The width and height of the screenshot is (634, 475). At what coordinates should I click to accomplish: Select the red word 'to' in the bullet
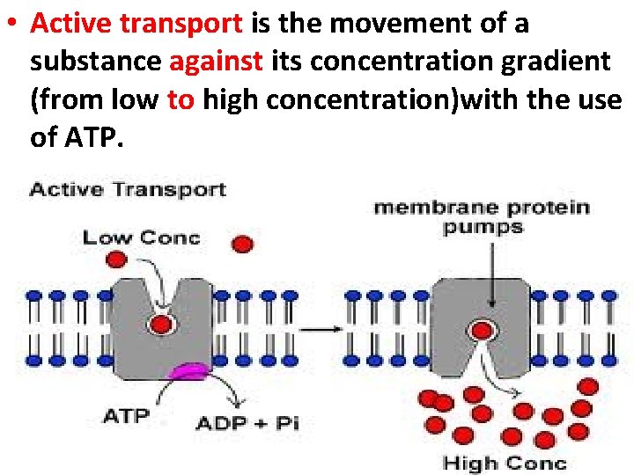(181, 99)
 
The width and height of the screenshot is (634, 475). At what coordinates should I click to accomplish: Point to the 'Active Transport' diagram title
(129, 189)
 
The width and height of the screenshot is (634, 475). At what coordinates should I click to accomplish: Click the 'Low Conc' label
(141, 237)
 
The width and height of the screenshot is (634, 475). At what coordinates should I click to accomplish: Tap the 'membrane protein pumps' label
(482, 216)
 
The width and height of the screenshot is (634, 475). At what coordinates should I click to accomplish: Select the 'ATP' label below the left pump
(126, 414)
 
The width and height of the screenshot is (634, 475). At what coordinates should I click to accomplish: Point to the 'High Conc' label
(505, 462)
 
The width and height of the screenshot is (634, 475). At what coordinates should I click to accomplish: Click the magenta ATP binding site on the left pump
(188, 373)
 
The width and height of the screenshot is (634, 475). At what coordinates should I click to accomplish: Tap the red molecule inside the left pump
(160, 325)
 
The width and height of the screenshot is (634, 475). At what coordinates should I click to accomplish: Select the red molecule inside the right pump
(482, 332)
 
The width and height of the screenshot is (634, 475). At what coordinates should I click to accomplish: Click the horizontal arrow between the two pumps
(321, 329)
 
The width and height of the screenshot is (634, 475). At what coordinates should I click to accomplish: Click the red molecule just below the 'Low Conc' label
(115, 259)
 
